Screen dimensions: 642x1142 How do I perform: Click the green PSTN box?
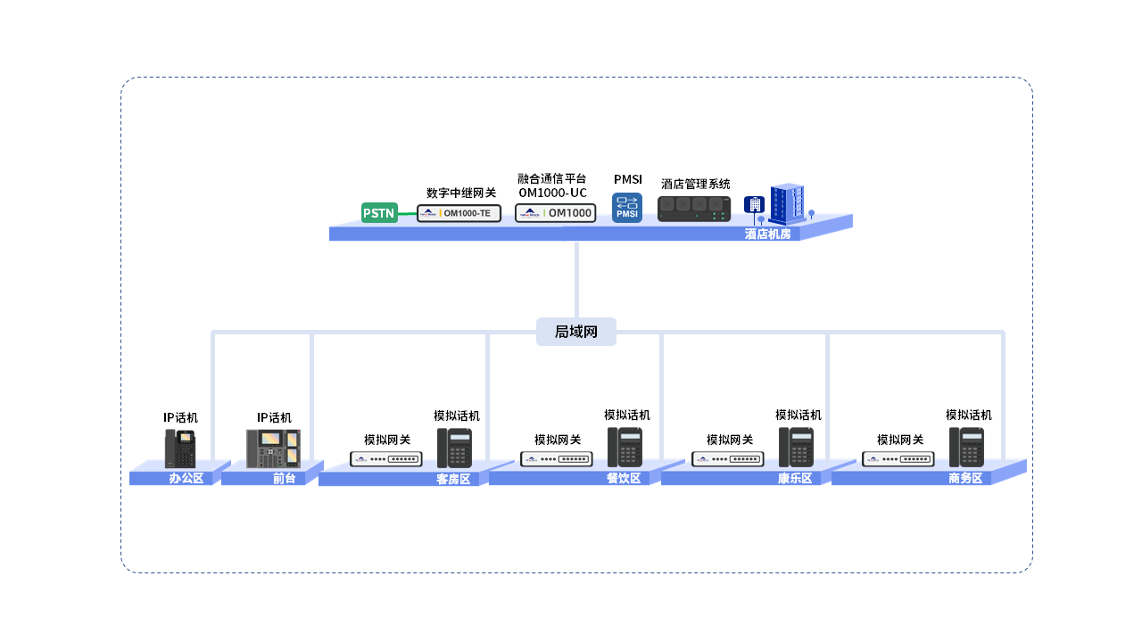point(379,213)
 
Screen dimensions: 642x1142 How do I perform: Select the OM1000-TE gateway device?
point(459,213)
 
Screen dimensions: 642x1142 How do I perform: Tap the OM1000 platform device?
point(555,213)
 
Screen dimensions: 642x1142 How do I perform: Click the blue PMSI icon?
point(627,208)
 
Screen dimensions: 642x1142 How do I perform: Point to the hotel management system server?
point(694,209)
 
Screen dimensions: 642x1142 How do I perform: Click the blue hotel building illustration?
point(786,204)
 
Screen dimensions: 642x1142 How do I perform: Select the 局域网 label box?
point(576,332)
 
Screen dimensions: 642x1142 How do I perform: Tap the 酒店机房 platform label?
point(767,234)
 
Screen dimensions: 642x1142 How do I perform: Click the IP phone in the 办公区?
point(180,449)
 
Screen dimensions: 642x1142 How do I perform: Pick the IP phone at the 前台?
point(273,449)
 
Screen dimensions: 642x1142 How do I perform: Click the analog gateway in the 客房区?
point(386,459)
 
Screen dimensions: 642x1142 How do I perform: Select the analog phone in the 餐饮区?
point(625,448)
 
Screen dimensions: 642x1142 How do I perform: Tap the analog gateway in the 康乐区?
point(728,459)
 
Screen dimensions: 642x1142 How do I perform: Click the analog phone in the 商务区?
point(966,448)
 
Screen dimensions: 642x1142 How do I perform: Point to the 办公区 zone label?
point(186,478)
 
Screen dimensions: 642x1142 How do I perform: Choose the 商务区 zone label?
point(964,478)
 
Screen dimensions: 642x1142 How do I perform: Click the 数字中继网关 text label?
point(461,193)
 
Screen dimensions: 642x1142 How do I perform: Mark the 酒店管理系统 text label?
point(696,184)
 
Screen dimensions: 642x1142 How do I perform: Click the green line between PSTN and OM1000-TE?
point(407,214)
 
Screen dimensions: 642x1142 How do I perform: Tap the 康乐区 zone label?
point(794,478)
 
